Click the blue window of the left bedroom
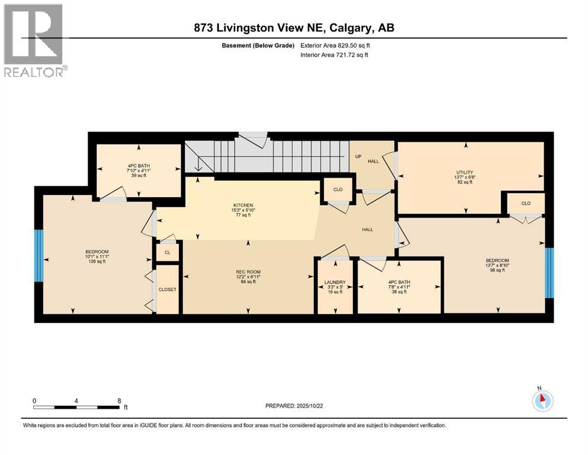(39, 255)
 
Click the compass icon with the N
(541, 400)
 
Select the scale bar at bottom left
(76, 407)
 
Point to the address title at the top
(294, 27)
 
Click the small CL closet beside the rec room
(168, 252)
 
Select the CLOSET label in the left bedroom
(168, 289)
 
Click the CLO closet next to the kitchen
(338, 190)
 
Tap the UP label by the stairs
(358, 156)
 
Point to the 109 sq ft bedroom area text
(97, 261)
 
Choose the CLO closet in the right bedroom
(525, 203)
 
